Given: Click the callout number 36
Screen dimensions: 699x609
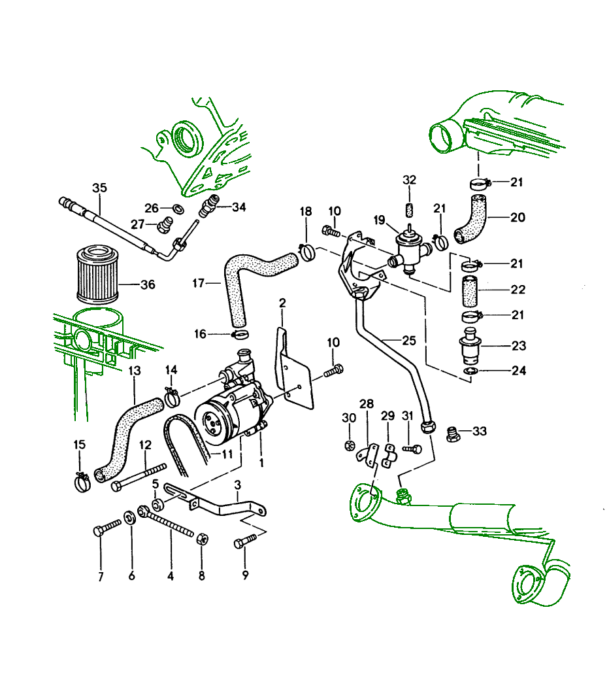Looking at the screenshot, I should pyautogui.click(x=148, y=284).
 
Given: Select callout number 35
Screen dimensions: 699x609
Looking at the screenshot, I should pyautogui.click(x=99, y=188).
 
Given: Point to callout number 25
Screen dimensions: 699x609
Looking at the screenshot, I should pyautogui.click(x=408, y=340).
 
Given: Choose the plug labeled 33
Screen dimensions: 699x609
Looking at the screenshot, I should pyautogui.click(x=452, y=434).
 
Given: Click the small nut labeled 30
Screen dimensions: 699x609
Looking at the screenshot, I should pyautogui.click(x=349, y=447).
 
